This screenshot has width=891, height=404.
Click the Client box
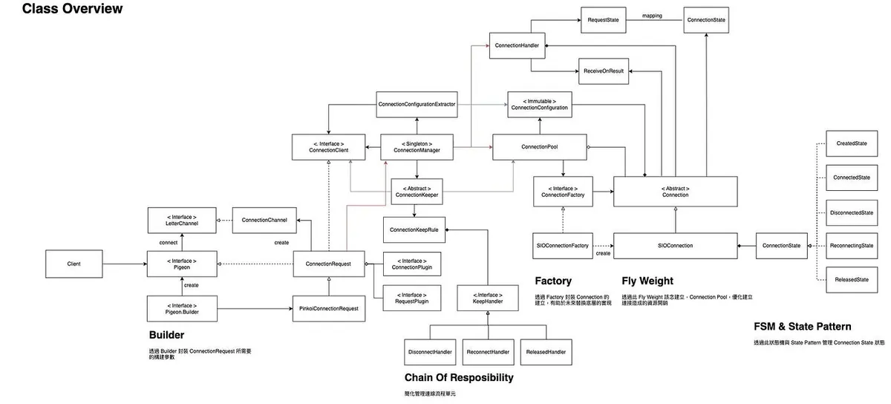pyautogui.click(x=74, y=264)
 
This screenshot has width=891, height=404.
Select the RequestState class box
pyautogui.click(x=604, y=19)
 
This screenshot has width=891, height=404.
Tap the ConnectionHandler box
pyautogui.click(x=518, y=45)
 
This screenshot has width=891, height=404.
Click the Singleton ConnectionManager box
pyautogui.click(x=417, y=146)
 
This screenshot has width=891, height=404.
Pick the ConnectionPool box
pyautogui.click(x=540, y=147)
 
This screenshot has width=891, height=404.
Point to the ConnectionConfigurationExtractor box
pyautogui.click(x=417, y=104)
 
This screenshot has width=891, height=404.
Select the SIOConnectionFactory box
pyautogui.click(x=562, y=245)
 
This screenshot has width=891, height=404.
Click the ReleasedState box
pyautogui.click(x=852, y=279)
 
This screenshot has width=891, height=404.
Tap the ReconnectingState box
pyautogui.click(x=852, y=245)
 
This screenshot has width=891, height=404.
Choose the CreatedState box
pyautogui.click(x=852, y=143)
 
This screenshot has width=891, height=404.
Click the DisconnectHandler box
pyautogui.click(x=431, y=351)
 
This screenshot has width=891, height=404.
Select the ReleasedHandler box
pyautogui.click(x=546, y=351)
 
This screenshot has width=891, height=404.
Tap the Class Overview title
pyautogui.click(x=72, y=9)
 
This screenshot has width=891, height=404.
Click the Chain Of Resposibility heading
pyautogui.click(x=458, y=377)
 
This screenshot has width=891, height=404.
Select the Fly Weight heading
pyautogui.click(x=647, y=281)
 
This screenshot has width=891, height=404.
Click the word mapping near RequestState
pyautogui.click(x=652, y=15)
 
